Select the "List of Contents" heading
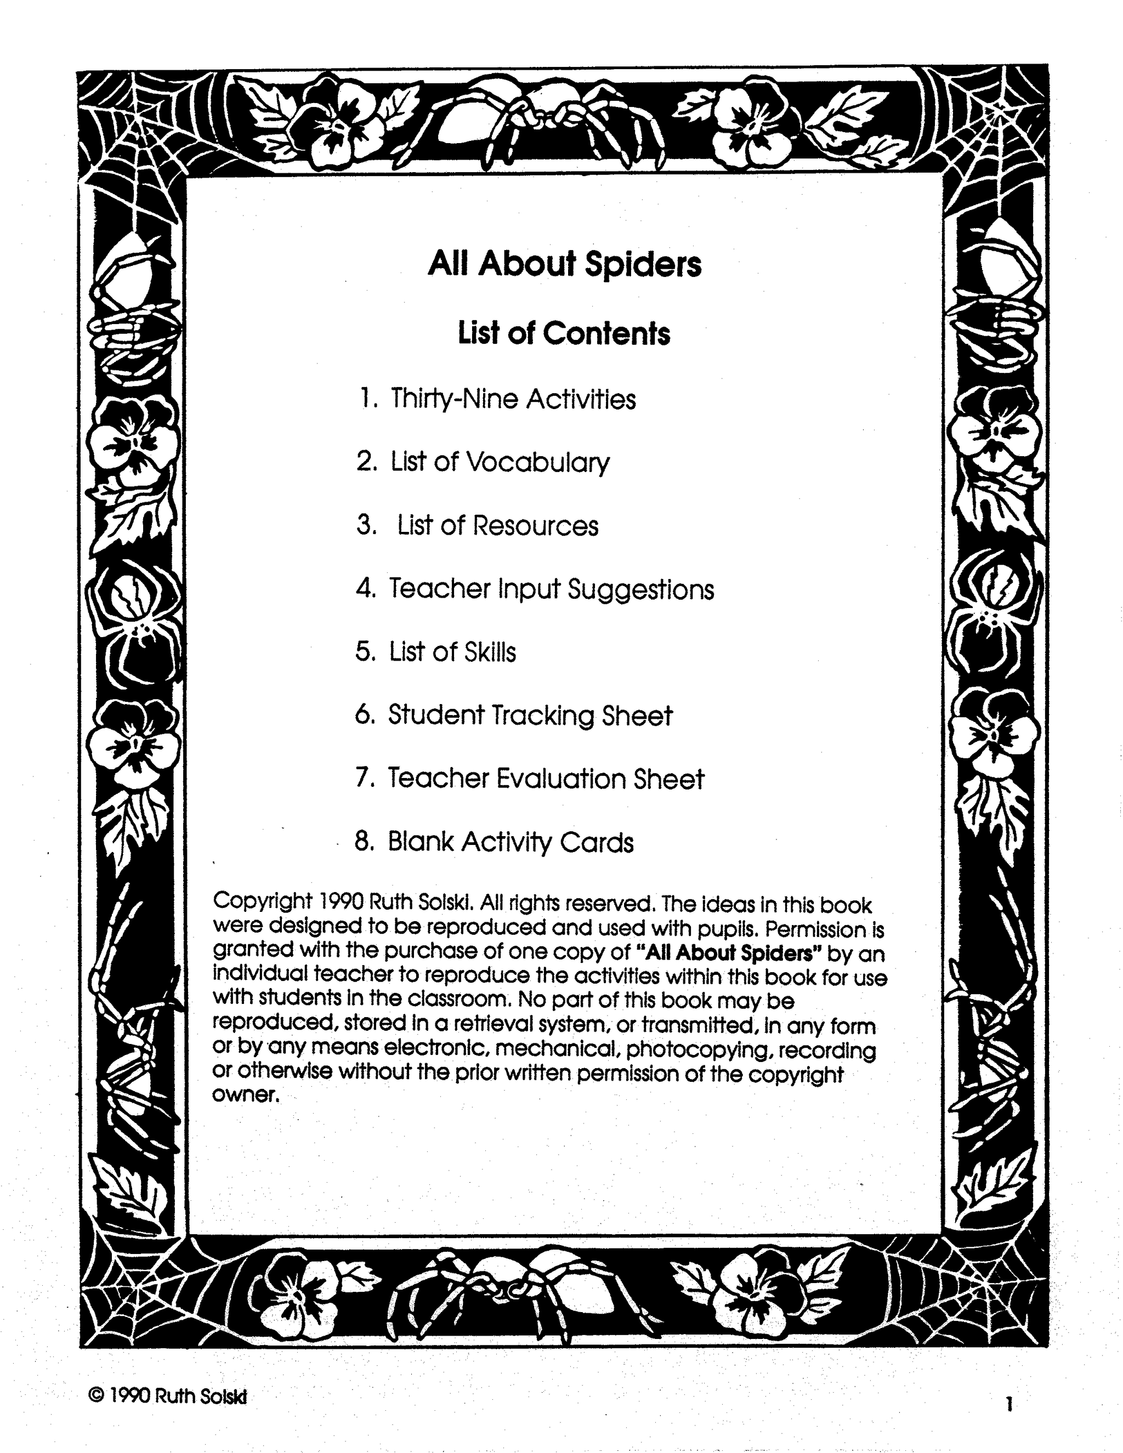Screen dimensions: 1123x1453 coord(564,333)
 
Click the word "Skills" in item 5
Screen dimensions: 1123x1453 coord(490,652)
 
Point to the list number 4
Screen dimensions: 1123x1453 coord(365,589)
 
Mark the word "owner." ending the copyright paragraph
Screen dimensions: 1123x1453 coord(245,1094)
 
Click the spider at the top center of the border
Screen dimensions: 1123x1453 coord(546,120)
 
